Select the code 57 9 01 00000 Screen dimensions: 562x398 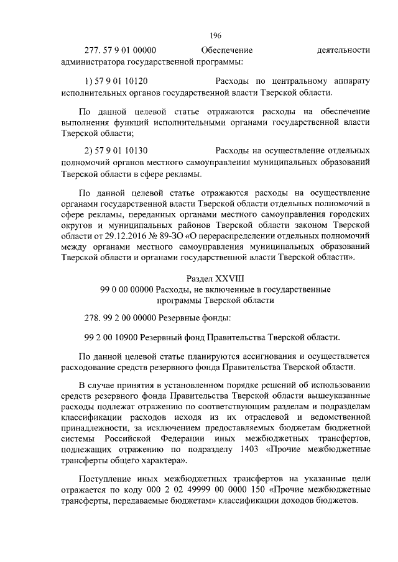(129, 50)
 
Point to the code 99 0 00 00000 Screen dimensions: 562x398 (127, 289)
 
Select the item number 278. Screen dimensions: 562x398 (92, 319)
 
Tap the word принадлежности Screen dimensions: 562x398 (94, 428)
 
